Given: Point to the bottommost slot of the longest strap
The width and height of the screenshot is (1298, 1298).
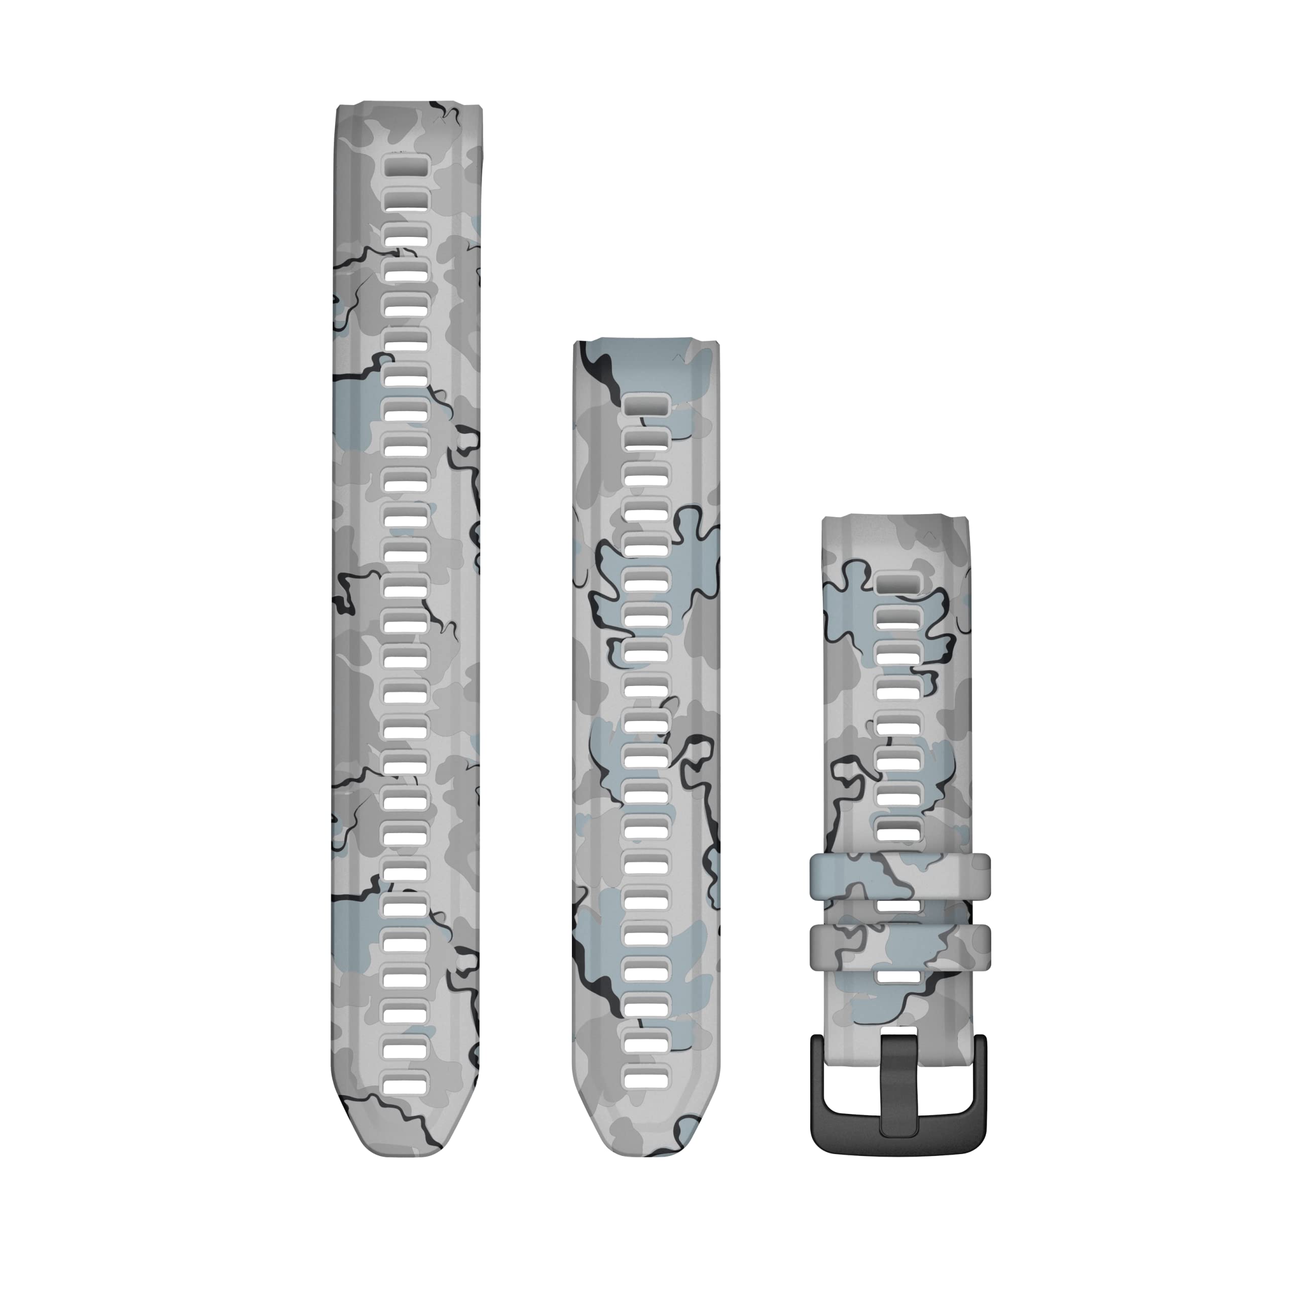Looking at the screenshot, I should (x=406, y=1083).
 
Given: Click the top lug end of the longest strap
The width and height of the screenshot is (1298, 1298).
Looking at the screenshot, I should (x=407, y=112).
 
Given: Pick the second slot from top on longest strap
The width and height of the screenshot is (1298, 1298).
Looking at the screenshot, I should (x=406, y=200).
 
